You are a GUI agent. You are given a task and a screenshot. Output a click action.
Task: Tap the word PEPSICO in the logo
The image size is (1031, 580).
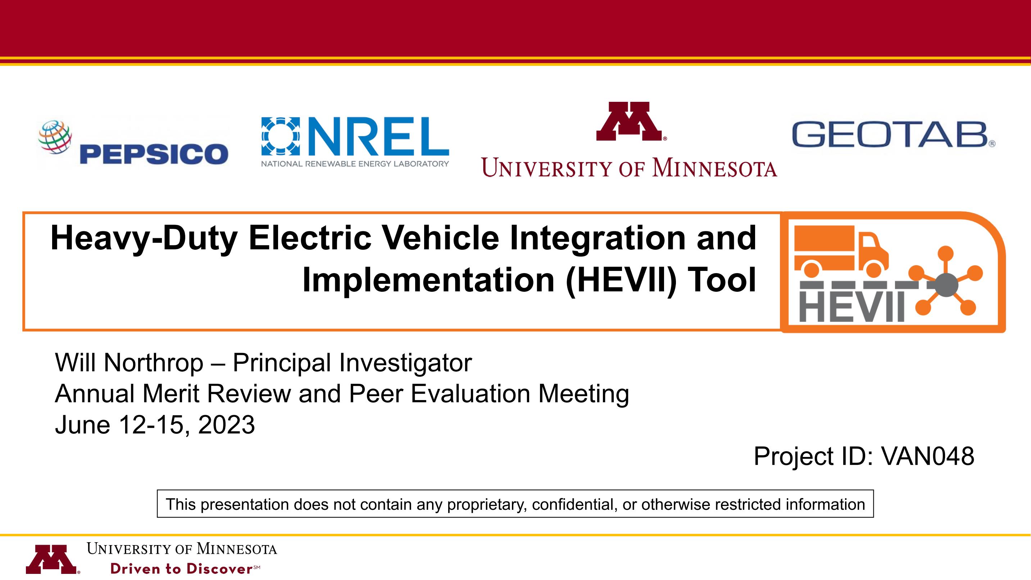(x=154, y=154)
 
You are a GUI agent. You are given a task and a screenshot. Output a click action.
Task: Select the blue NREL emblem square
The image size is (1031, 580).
(x=280, y=136)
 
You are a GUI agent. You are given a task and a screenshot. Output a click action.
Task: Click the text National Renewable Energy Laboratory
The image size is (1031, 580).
(x=355, y=164)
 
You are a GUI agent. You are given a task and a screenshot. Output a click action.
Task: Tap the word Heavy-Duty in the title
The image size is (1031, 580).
(x=144, y=239)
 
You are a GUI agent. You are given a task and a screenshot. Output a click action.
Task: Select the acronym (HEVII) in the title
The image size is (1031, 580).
(x=621, y=280)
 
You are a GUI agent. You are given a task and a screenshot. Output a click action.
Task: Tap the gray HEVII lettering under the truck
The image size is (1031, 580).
(x=852, y=306)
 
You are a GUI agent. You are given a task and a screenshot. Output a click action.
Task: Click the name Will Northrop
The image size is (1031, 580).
(x=129, y=363)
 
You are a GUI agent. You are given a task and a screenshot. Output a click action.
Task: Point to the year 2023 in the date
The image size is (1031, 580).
(x=226, y=425)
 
